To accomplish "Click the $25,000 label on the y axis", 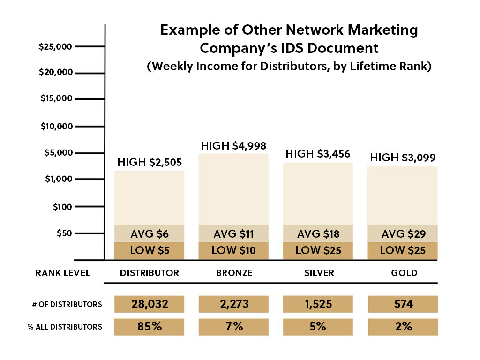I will (x=55, y=47).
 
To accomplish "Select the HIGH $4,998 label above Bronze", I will (x=233, y=146).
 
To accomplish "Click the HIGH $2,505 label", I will (x=150, y=163).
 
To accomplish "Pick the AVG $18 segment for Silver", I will (x=318, y=233).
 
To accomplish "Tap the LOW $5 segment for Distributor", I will (x=150, y=250).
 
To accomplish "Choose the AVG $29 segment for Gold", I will (x=403, y=233).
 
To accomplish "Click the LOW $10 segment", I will (x=233, y=250).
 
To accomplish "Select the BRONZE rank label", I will (x=233, y=273).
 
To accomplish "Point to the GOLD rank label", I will (x=404, y=273).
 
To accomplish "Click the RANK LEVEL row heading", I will (x=63, y=273).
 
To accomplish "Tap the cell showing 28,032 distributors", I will (x=150, y=304).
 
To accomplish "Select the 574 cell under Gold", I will (x=403, y=304).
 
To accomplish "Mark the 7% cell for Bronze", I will (x=233, y=327).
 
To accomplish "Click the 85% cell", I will (x=150, y=327).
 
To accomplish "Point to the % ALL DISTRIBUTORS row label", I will (x=65, y=327).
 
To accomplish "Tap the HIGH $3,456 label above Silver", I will (x=318, y=154).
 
